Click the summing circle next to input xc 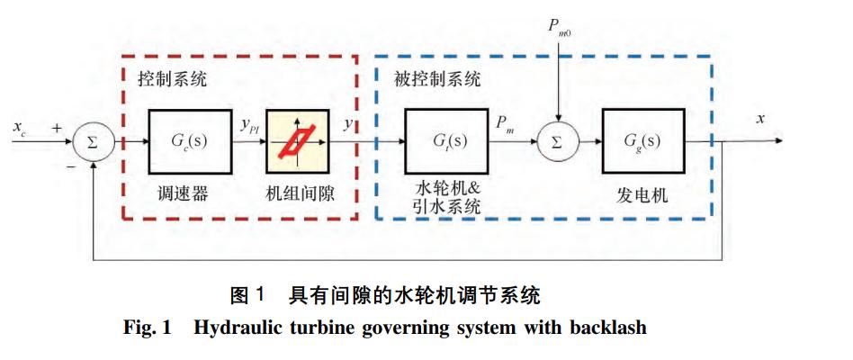94,141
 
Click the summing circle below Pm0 560,141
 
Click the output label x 760,118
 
